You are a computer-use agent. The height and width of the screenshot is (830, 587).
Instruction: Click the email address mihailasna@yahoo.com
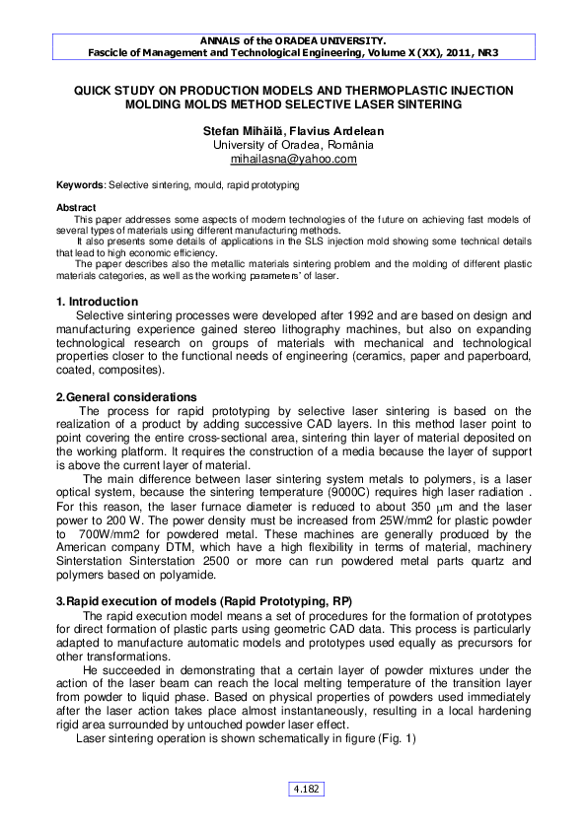[293, 159]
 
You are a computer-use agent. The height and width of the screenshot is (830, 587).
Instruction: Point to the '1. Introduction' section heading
[97, 301]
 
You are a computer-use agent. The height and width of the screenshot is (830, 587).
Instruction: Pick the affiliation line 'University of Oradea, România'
[293, 144]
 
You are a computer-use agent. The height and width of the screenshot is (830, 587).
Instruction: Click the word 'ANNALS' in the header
[223, 40]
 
